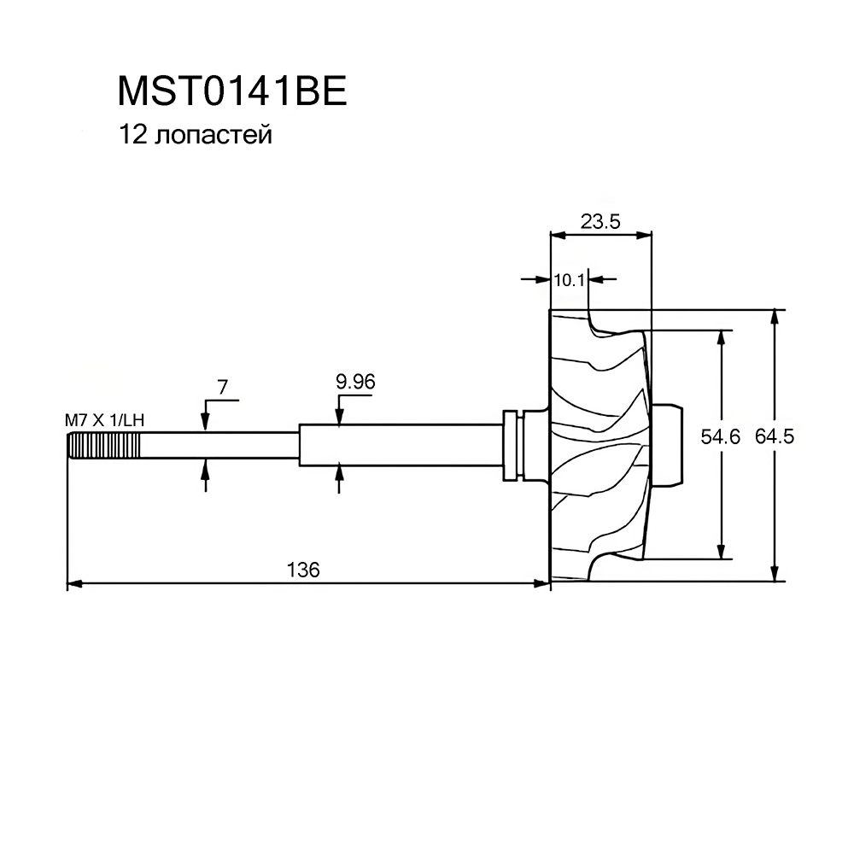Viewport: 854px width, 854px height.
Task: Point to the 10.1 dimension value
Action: pyautogui.click(x=568, y=278)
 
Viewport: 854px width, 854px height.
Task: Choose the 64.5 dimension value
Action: pyautogui.click(x=775, y=437)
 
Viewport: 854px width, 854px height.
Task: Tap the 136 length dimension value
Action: pyautogui.click(x=304, y=570)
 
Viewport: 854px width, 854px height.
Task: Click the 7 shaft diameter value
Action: pyautogui.click(x=222, y=387)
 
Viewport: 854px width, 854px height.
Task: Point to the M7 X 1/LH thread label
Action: pyautogui.click(x=102, y=420)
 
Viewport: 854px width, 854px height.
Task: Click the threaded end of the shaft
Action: pyautogui.click(x=102, y=446)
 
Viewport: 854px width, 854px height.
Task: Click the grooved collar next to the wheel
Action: pyautogui.click(x=512, y=445)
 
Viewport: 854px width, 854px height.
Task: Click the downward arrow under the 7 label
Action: pyautogui.click(x=205, y=422)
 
